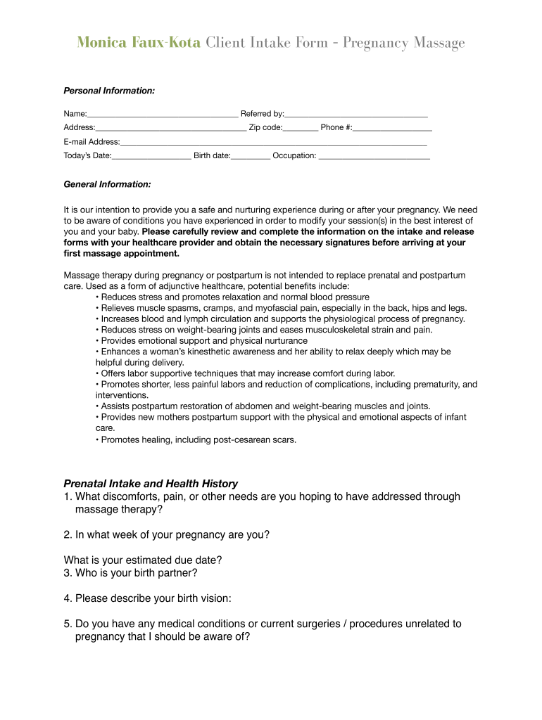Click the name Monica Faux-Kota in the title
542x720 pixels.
(139, 44)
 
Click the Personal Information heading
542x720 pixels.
(109, 91)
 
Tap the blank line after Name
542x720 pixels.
(163, 115)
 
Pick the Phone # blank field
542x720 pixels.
(393, 129)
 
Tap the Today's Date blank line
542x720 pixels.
(151, 157)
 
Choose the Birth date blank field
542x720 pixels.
(251, 157)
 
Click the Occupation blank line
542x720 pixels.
(374, 157)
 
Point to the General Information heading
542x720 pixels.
(107, 184)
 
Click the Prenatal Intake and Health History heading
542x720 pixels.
(151, 484)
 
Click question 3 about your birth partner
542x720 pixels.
(130, 572)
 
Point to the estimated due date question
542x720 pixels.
(143, 560)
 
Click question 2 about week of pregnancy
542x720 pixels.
(166, 534)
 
